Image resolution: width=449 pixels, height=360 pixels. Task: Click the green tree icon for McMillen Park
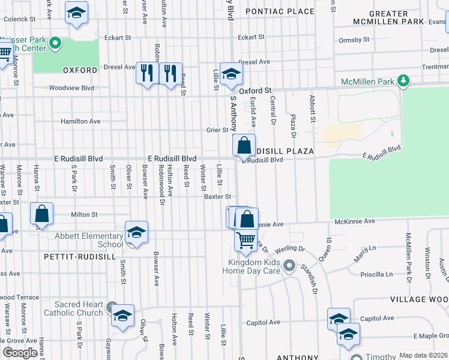click(404, 81)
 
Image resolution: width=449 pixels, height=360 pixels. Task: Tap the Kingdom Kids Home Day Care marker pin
click(289, 265)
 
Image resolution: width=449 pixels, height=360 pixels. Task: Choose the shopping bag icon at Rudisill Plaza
click(244, 145)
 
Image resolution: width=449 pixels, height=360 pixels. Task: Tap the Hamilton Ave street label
click(80, 121)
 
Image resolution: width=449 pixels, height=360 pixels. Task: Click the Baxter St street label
click(217, 196)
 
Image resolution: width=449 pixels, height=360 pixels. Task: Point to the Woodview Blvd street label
click(71, 88)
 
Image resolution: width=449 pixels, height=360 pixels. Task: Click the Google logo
click(20, 352)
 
